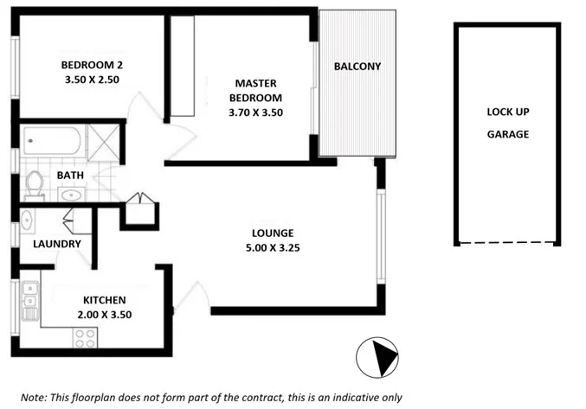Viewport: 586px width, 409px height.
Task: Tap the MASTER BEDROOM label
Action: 255,90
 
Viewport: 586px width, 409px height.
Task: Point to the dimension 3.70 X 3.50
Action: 255,112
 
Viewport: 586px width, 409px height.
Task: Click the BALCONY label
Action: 357,67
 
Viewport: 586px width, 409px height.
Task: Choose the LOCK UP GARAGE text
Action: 507,124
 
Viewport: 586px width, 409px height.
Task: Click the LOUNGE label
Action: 273,233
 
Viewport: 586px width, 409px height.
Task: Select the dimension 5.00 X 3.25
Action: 273,247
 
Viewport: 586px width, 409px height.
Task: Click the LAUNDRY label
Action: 56,244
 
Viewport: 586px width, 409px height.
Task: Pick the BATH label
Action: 70,176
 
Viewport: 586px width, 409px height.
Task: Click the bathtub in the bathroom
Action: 52,139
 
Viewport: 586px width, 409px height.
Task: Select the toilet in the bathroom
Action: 35,184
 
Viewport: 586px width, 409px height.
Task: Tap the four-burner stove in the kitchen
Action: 85,338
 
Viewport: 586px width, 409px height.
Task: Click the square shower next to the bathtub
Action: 103,139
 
